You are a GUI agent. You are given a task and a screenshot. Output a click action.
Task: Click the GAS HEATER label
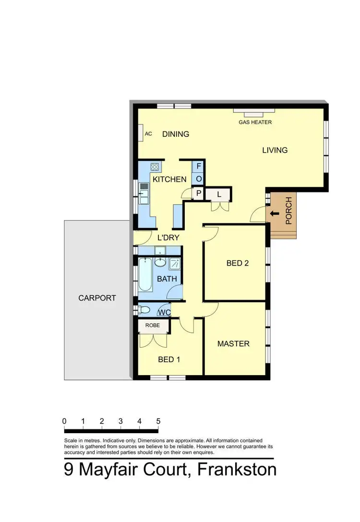[255, 122]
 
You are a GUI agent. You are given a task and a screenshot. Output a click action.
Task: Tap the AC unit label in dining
[148, 134]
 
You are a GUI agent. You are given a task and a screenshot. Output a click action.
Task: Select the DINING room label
[175, 134]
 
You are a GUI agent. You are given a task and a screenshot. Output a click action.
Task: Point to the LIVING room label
[275, 150]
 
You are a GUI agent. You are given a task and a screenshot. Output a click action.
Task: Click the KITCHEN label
[169, 180]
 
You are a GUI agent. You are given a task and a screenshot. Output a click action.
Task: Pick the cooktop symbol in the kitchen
[155, 168]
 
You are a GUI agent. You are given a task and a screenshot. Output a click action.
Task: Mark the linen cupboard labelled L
[219, 194]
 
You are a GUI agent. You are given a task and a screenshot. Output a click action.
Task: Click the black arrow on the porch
[275, 214]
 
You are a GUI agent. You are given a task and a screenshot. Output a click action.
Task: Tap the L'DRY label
[168, 237]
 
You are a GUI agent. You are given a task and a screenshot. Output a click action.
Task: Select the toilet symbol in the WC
[144, 309]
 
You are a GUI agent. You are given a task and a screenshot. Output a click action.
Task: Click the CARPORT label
[97, 298]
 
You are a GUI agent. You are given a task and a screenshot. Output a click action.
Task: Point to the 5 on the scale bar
[158, 421]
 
